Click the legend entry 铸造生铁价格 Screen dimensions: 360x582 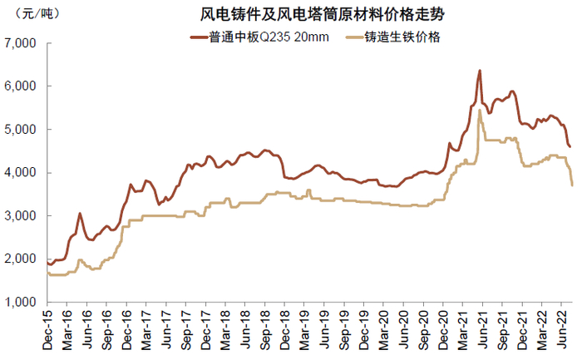pyautogui.click(x=408, y=37)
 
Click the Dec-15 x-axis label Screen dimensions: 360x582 pyautogui.click(x=47, y=327)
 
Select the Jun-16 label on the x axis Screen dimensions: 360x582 pyautogui.click(x=87, y=327)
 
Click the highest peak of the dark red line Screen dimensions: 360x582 pyautogui.click(x=480, y=71)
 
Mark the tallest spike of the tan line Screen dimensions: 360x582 pyautogui.click(x=481, y=111)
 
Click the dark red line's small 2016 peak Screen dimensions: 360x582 pyautogui.click(x=80, y=214)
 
